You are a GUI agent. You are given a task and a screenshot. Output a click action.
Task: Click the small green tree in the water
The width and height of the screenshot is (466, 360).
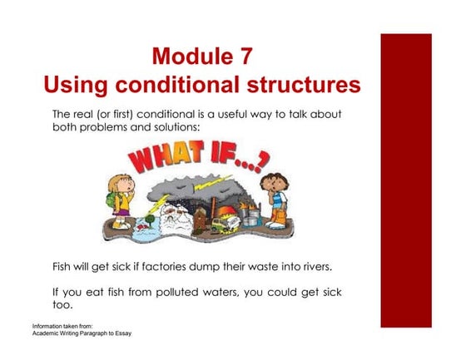(146, 222)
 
